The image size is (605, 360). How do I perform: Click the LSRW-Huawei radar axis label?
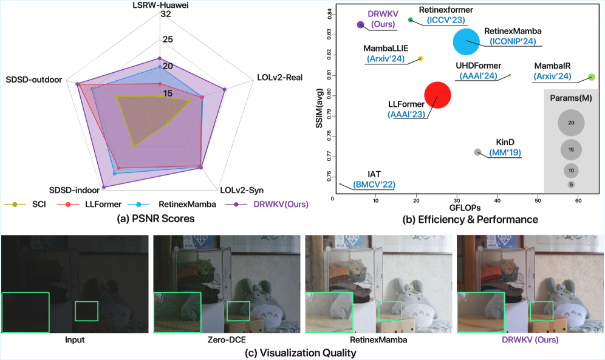[x=159, y=5]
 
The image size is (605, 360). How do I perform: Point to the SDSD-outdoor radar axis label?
[x=36, y=80]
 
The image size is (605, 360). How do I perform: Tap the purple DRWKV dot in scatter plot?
[x=360, y=25]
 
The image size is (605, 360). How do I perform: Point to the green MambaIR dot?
[x=590, y=77]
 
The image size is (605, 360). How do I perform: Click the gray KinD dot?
[x=477, y=152]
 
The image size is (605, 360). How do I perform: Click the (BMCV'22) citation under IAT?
[x=374, y=184]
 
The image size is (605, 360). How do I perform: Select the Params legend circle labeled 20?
[x=571, y=123]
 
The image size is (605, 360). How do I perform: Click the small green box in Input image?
[x=86, y=311]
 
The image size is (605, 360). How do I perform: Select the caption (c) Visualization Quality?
[x=302, y=352]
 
